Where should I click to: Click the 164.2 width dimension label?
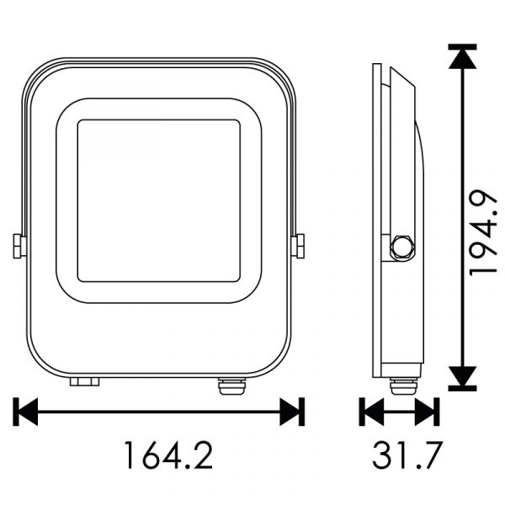(x=168, y=455)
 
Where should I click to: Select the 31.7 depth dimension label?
(x=406, y=455)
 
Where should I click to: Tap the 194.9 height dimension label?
(x=482, y=233)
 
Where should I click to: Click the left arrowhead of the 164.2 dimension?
(x=29, y=412)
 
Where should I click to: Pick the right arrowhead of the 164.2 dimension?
(x=290, y=412)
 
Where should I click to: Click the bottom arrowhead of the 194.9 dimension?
(x=462, y=376)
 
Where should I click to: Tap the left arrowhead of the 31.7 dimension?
(x=374, y=412)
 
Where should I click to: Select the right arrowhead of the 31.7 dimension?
(x=425, y=412)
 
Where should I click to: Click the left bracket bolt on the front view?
(x=19, y=246)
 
